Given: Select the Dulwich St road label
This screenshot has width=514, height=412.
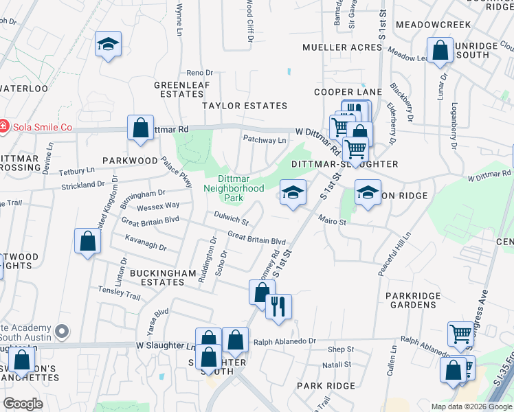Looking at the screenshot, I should point(231,219).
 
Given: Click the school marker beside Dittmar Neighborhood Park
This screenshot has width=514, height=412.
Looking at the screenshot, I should point(292,193).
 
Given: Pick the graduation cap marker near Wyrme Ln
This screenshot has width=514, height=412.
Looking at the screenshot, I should point(108,45).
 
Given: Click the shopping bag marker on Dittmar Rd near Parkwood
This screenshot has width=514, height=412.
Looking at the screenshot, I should point(140,128).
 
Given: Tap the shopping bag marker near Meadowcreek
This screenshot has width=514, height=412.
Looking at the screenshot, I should point(440,50).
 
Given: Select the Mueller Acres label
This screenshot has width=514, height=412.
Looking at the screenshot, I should point(342,47).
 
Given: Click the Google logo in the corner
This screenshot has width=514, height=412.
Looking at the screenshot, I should point(23,404).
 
